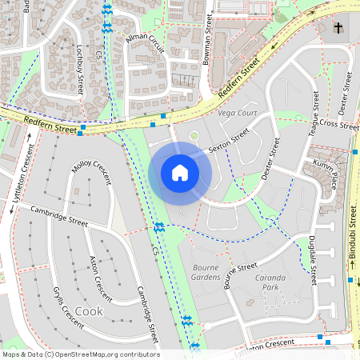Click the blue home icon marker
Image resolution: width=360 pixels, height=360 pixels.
(x=180, y=173)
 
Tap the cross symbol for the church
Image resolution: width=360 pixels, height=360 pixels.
(x=338, y=28)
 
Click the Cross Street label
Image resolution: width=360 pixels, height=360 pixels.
(x=338, y=126)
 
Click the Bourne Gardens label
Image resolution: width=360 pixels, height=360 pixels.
(x=206, y=271)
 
